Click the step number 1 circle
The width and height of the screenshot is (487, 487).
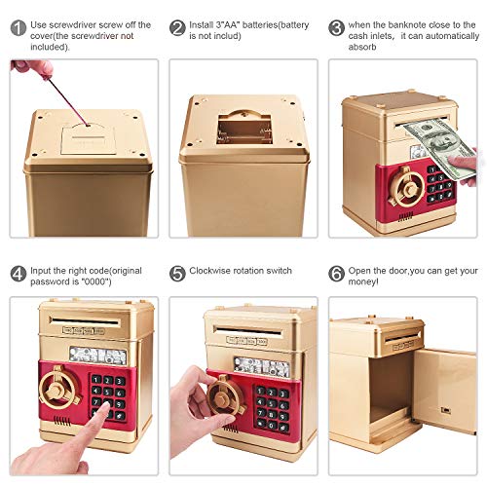[17, 27]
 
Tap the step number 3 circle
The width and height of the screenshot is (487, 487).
[337, 27]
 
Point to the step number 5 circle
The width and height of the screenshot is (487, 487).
[177, 273]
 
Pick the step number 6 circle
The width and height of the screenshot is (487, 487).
[337, 273]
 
